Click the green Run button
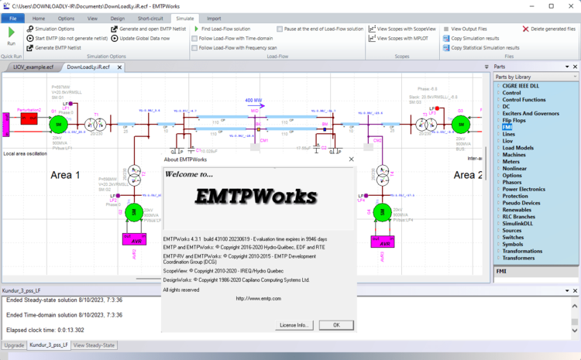click(12, 35)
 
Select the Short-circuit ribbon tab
click(152, 17)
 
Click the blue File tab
click(12, 17)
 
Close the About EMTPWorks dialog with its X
click(352, 159)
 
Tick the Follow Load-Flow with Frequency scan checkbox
click(194, 47)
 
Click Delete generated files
click(552, 29)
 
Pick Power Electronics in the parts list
click(524, 188)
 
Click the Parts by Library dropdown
click(535, 77)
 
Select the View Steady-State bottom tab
click(94, 345)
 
